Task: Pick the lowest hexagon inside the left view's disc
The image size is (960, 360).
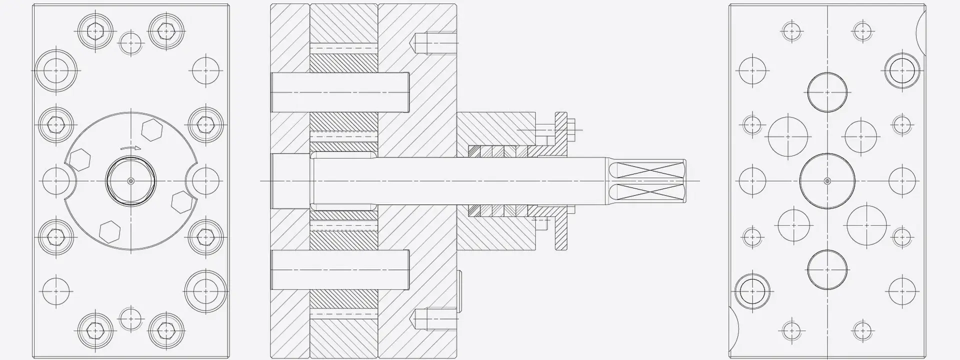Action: [109, 231]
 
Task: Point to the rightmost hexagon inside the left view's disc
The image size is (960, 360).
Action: [181, 201]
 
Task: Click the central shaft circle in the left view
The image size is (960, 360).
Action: [130, 180]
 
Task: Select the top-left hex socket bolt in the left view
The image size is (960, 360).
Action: [94, 31]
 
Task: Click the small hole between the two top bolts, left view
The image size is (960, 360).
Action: [131, 43]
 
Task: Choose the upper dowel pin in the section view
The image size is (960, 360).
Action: [340, 92]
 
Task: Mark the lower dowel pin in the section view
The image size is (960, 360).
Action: [340, 270]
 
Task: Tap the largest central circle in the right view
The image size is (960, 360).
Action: [827, 180]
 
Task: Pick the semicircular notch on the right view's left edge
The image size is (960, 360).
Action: [733, 324]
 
